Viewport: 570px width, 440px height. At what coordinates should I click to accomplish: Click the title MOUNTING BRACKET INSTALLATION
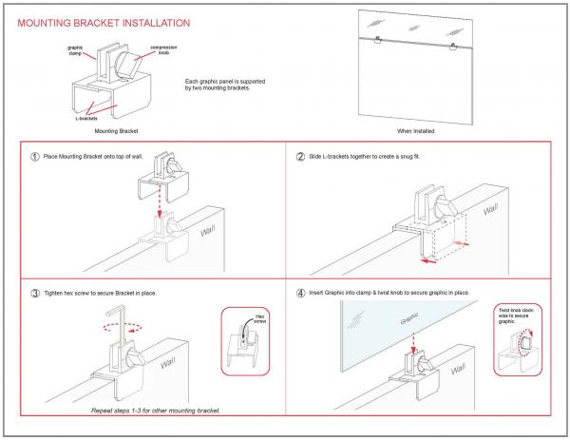(x=104, y=21)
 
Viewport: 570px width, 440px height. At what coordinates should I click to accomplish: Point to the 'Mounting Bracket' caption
(x=105, y=130)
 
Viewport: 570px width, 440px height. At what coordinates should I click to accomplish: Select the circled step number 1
(x=34, y=157)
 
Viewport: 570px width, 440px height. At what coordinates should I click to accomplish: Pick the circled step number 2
(x=300, y=157)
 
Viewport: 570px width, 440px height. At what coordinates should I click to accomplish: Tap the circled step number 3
(x=34, y=293)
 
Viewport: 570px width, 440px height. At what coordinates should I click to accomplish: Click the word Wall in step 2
(x=490, y=209)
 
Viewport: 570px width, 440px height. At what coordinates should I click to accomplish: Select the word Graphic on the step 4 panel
(x=409, y=321)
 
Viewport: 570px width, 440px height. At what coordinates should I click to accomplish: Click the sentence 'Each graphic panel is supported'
(x=222, y=84)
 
